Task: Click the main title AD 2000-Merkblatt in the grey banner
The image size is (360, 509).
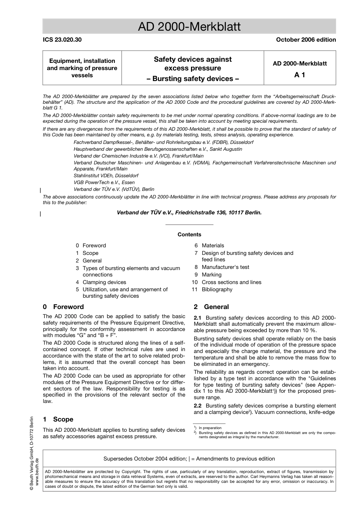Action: tap(189, 27)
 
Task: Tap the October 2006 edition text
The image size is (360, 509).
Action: tap(306, 40)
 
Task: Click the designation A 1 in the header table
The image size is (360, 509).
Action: tap(299, 75)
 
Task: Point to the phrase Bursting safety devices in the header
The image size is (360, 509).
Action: tap(193, 79)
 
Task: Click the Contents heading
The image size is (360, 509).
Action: tap(189, 234)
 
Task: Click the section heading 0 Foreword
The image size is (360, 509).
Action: tap(63, 307)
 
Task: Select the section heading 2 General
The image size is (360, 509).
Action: tap(211, 307)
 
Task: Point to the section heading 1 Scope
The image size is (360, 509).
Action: tap(58, 419)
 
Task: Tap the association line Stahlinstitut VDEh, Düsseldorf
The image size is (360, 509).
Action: tap(106, 176)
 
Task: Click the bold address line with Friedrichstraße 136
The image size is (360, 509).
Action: tap(189, 212)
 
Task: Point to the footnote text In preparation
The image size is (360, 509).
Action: tap(210, 428)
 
